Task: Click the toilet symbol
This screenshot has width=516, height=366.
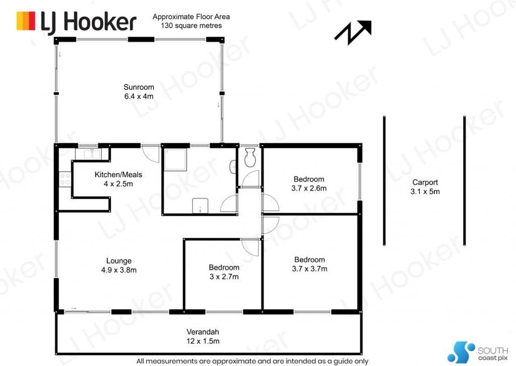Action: [250, 157]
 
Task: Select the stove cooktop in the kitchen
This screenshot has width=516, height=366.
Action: [65, 179]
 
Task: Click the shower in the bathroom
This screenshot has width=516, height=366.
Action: [175, 159]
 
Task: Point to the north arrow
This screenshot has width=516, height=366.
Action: [353, 32]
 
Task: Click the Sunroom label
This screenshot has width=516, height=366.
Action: [139, 87]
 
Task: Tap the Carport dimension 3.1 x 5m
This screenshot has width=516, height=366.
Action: [425, 191]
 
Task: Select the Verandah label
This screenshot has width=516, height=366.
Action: [203, 332]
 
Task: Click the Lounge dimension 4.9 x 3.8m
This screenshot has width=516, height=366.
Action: [119, 270]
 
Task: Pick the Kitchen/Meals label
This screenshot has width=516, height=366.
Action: [118, 175]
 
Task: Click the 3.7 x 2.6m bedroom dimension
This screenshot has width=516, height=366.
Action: [309, 188]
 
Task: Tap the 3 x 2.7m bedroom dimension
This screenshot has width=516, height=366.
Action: [224, 277]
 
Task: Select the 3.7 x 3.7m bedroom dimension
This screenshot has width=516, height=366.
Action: [310, 269]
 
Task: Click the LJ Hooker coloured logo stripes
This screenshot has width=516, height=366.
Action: [26, 21]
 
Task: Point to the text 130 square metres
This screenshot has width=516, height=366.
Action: [191, 26]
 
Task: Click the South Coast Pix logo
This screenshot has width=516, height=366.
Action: [478, 352]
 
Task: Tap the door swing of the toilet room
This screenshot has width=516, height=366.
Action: [251, 179]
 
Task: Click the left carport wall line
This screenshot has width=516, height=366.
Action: [384, 181]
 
